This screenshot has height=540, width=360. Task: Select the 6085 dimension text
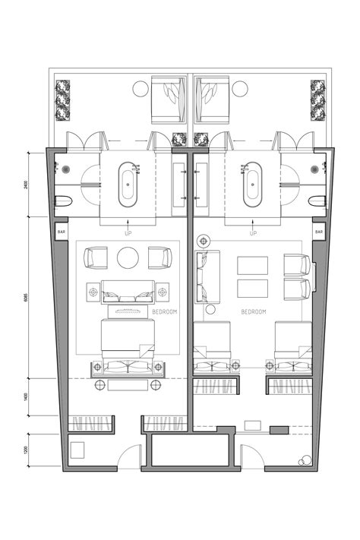(27, 297)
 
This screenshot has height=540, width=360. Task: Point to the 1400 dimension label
(27, 396)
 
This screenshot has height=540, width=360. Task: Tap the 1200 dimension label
(27, 451)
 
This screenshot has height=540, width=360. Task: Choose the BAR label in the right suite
(319, 232)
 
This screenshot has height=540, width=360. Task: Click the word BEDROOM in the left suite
(165, 311)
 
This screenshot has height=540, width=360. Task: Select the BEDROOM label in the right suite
(253, 311)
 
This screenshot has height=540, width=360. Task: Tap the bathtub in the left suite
(128, 185)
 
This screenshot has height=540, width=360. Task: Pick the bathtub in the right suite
(253, 185)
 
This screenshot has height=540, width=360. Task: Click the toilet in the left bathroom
(63, 201)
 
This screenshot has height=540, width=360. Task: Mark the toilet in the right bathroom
(318, 201)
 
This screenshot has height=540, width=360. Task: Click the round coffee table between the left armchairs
(128, 257)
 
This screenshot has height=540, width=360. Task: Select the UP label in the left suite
(128, 232)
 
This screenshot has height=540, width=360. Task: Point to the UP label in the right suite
(253, 232)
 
